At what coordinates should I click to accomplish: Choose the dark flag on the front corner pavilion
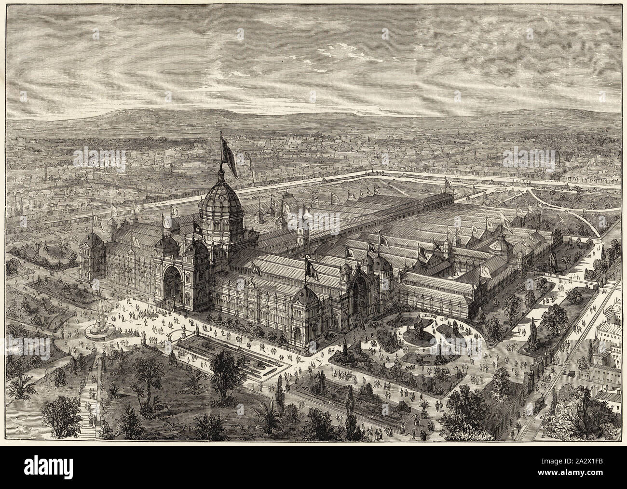coord(310,268)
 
